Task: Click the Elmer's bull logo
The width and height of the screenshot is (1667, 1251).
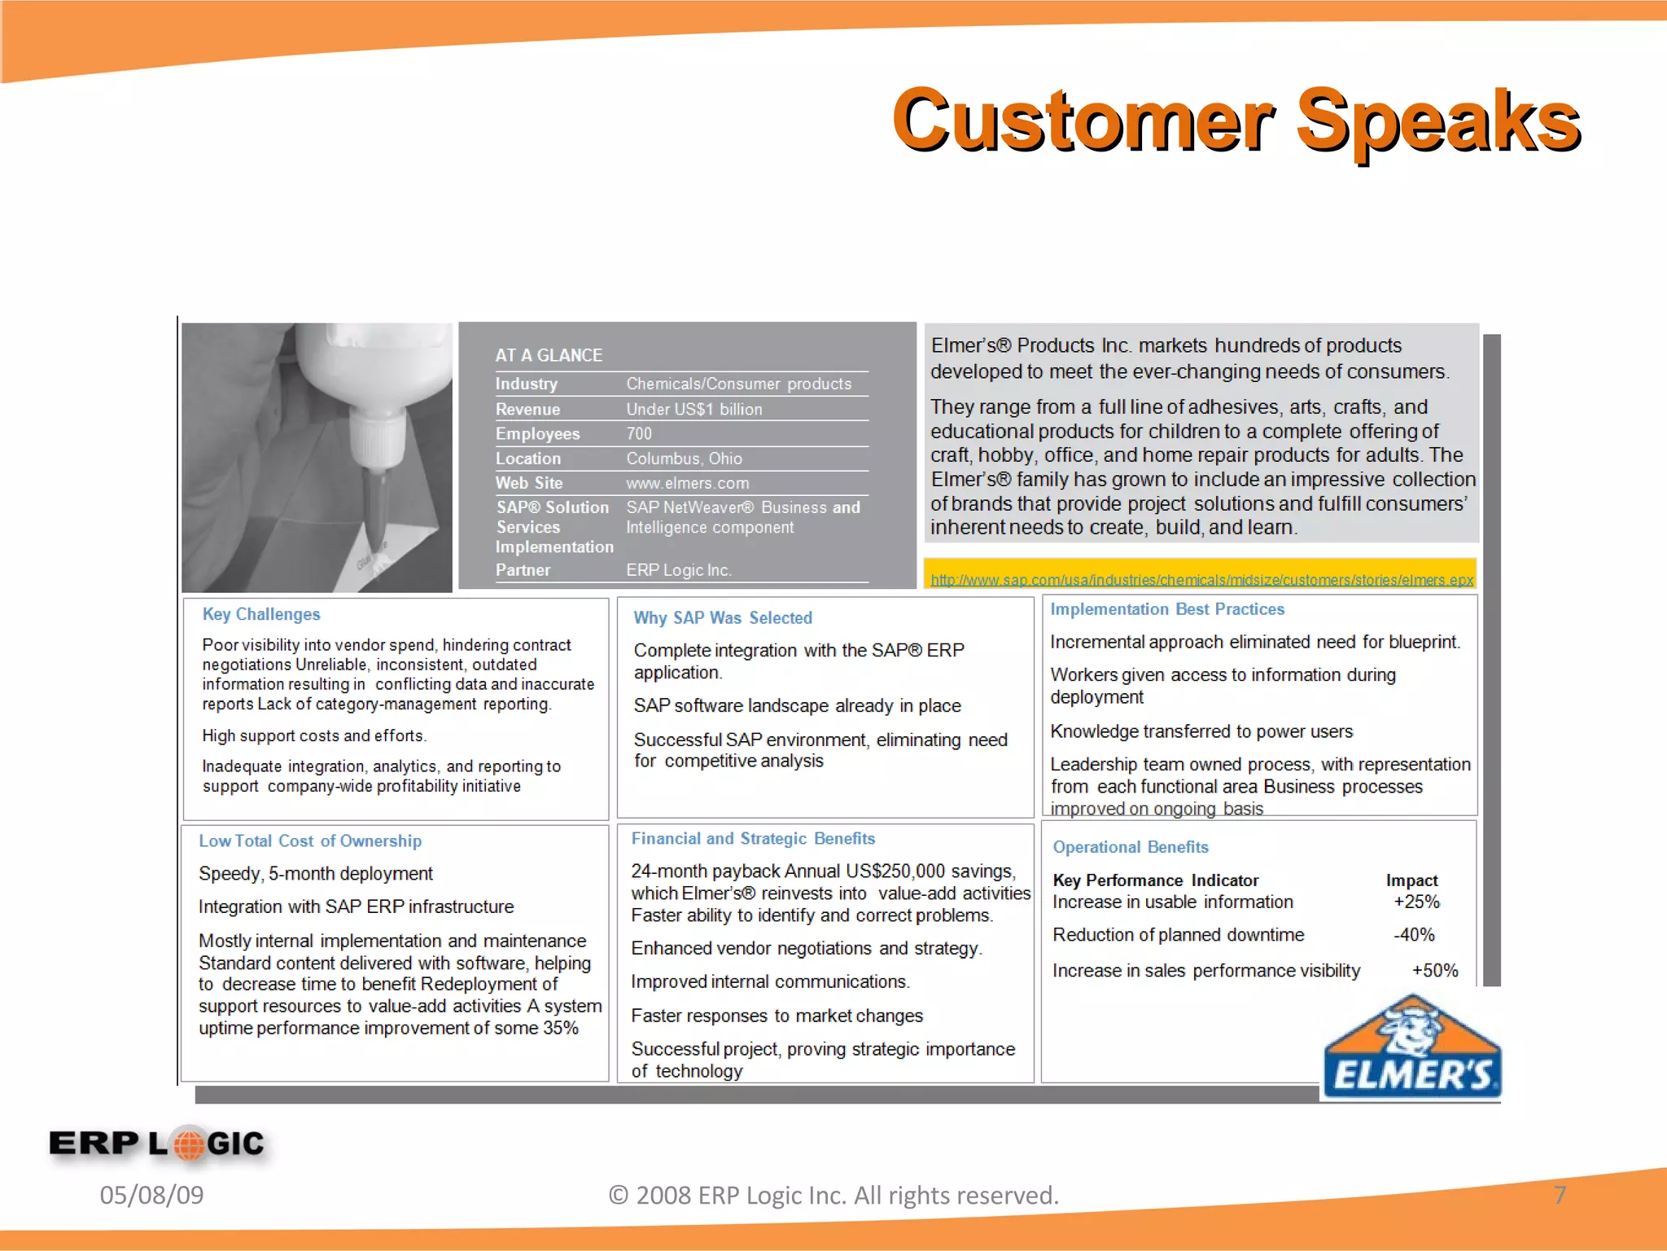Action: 1412,1049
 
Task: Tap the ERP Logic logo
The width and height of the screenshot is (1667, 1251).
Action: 156,1143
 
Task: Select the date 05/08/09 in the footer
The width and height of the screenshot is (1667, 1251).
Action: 151,1195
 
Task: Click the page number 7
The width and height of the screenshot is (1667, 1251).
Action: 1560,1195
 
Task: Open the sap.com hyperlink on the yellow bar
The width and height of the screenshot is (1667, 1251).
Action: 1201,580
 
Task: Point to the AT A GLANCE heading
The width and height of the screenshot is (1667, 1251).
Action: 549,355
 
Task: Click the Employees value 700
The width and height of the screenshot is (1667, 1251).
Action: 639,433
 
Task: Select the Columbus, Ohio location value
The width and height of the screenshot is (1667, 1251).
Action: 684,459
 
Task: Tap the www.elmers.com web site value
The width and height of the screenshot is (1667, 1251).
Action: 687,483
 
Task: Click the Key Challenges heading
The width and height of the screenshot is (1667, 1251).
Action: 261,614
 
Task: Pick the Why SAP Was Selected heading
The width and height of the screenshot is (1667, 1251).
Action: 723,617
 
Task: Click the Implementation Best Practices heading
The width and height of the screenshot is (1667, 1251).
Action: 1167,609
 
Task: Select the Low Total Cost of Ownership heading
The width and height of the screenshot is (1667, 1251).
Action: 310,841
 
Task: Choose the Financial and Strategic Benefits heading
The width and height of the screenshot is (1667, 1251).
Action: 753,838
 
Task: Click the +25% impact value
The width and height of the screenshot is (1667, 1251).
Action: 1416,902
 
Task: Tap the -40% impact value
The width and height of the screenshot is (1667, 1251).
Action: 1414,935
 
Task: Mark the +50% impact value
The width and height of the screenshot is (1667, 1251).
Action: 1435,970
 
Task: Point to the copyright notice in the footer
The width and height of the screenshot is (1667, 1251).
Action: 833,1195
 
